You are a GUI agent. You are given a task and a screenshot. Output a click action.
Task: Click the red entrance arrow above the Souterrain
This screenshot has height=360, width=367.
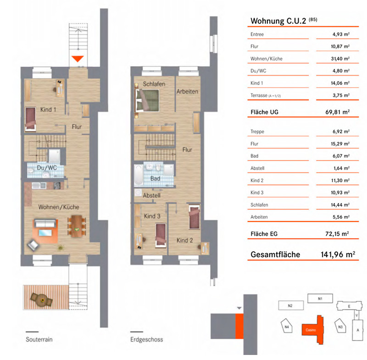pyautogui.click(x=78, y=59)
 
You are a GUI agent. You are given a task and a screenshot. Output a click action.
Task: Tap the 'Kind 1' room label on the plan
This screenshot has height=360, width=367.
pyautogui.click(x=48, y=110)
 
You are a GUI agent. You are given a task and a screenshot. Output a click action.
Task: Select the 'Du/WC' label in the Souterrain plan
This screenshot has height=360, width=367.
pyautogui.click(x=47, y=168)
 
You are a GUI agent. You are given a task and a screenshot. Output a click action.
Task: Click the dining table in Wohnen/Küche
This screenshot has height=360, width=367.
pyautogui.click(x=77, y=226)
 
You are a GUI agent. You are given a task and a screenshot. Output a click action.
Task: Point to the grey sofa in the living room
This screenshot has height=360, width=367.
pyautogui.click(x=45, y=223)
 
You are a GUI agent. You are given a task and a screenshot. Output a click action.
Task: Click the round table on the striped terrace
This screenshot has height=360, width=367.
pyautogui.click(x=42, y=299)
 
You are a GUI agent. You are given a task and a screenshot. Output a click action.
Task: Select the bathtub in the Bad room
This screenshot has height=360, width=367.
pyautogui.click(x=139, y=175)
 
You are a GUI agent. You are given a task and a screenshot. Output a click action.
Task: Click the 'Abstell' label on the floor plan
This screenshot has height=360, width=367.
pyautogui.click(x=152, y=195)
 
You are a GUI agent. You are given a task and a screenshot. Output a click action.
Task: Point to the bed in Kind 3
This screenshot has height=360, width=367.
pyautogui.click(x=161, y=235)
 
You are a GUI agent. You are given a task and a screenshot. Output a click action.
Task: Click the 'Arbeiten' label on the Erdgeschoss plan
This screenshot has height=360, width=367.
pyautogui.click(x=187, y=91)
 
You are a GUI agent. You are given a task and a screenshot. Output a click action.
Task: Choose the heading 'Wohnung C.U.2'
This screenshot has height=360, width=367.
pyautogui.click(x=278, y=21)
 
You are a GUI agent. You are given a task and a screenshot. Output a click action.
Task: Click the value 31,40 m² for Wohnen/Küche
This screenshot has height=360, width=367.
pyautogui.click(x=340, y=59)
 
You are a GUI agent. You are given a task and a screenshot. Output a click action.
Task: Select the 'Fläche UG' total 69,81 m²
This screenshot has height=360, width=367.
pyautogui.click(x=338, y=112)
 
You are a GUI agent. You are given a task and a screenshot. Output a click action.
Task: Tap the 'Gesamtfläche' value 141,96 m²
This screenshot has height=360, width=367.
pyautogui.click(x=338, y=255)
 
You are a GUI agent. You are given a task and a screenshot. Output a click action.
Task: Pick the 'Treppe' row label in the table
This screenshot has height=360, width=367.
pyautogui.click(x=257, y=132)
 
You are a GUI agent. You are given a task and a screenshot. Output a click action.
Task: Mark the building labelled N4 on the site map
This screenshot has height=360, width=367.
pyautogui.click(x=287, y=327)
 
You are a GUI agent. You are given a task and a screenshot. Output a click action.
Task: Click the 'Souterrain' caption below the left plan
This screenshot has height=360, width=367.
pyautogui.click(x=39, y=339)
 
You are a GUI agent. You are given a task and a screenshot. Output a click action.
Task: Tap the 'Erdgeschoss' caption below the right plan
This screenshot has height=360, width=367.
pyautogui.click(x=146, y=340)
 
